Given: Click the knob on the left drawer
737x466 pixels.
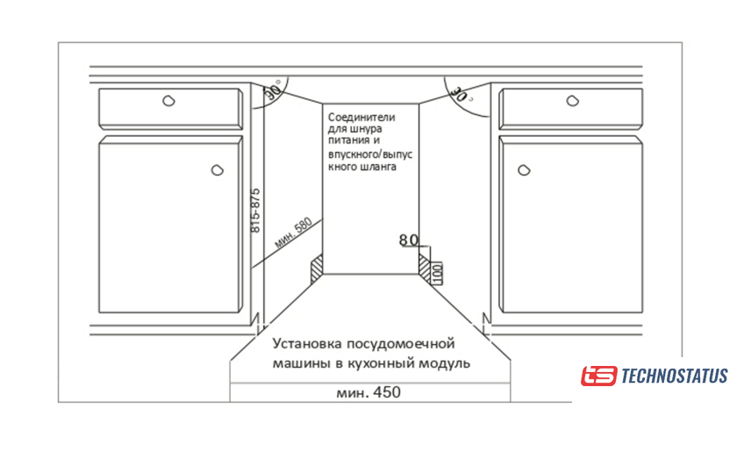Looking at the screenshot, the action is coord(168,101).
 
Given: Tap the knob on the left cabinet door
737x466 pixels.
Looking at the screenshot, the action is coord(218,169).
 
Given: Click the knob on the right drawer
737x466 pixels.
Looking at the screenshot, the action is coord(572,101).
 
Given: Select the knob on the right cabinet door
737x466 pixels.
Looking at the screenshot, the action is coord(524,169).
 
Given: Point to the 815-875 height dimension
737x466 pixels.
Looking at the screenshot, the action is coord(255,211).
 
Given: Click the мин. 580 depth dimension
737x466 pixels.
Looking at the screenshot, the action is coord(293,233).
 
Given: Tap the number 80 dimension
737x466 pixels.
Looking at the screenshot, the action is coord(409,240).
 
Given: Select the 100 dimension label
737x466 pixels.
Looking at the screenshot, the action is coord(437,273).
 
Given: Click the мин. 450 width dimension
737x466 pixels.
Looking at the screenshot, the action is coord(368,392).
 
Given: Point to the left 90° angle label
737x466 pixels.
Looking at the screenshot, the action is coord(272,90).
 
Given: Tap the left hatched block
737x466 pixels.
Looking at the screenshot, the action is coord(317,269).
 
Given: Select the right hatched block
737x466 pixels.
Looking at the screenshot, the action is coord(425,269).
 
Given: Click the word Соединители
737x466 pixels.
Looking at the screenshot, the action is coord(361,117).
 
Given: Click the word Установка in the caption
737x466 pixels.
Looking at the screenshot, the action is coord(307,344).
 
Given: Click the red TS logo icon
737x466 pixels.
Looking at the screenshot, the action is coord(598,376).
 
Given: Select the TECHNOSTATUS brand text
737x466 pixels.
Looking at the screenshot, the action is coord(675,376).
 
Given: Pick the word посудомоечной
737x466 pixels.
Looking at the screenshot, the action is coord(401,345).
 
